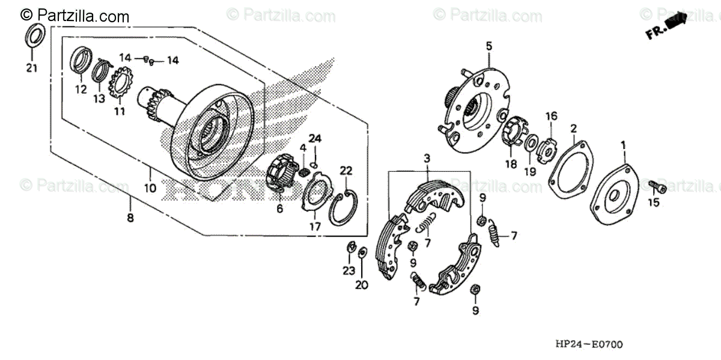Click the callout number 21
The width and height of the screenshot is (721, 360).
click(x=31, y=68)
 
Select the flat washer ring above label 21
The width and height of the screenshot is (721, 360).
click(x=35, y=35)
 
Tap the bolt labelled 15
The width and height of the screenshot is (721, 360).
click(x=657, y=187)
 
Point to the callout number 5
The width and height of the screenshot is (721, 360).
click(x=488, y=46)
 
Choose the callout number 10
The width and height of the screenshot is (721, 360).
click(x=150, y=188)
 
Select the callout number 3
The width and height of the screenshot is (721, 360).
click(x=427, y=159)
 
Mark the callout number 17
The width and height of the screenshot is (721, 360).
click(x=315, y=227)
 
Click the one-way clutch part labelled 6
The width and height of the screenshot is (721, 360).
click(x=281, y=172)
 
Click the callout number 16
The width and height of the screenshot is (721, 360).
click(x=551, y=116)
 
